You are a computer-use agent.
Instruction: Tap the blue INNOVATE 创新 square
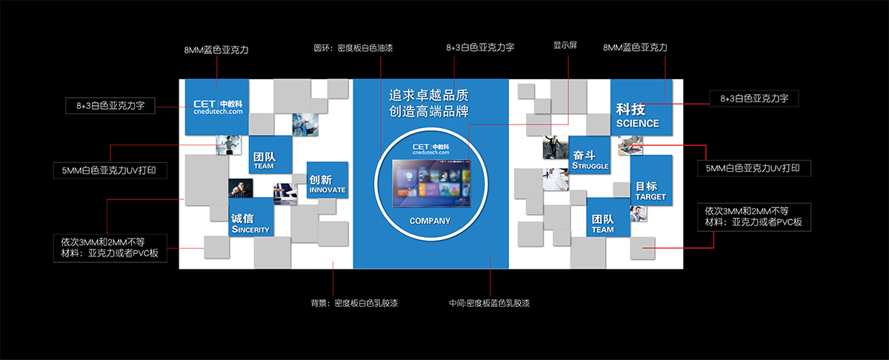327,181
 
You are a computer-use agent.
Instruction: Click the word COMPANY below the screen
430,221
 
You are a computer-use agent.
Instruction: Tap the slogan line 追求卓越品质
430,96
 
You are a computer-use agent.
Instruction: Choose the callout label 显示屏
565,45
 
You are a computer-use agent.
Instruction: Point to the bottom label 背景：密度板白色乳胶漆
354,303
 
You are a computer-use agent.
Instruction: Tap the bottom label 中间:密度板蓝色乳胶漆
489,303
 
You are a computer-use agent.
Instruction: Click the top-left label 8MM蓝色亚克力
216,50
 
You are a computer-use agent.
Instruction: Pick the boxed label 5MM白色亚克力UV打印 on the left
110,170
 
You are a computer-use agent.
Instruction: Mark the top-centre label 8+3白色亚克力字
480,47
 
